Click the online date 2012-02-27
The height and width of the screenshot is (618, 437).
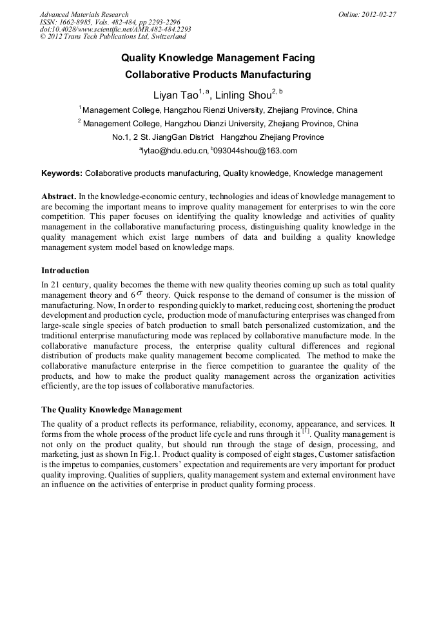pos(378,14)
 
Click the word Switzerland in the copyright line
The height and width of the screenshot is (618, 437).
pos(162,37)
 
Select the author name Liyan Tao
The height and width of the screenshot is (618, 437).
pos(175,95)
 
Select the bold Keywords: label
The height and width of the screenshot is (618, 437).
pos(62,173)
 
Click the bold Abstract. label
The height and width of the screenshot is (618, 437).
pos(59,196)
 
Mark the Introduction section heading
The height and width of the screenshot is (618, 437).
pos(65,271)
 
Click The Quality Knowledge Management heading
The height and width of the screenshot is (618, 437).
pos(112,410)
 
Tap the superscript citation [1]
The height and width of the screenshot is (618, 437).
pos(306,432)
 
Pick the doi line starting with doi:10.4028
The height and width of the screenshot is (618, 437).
pos(115,30)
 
